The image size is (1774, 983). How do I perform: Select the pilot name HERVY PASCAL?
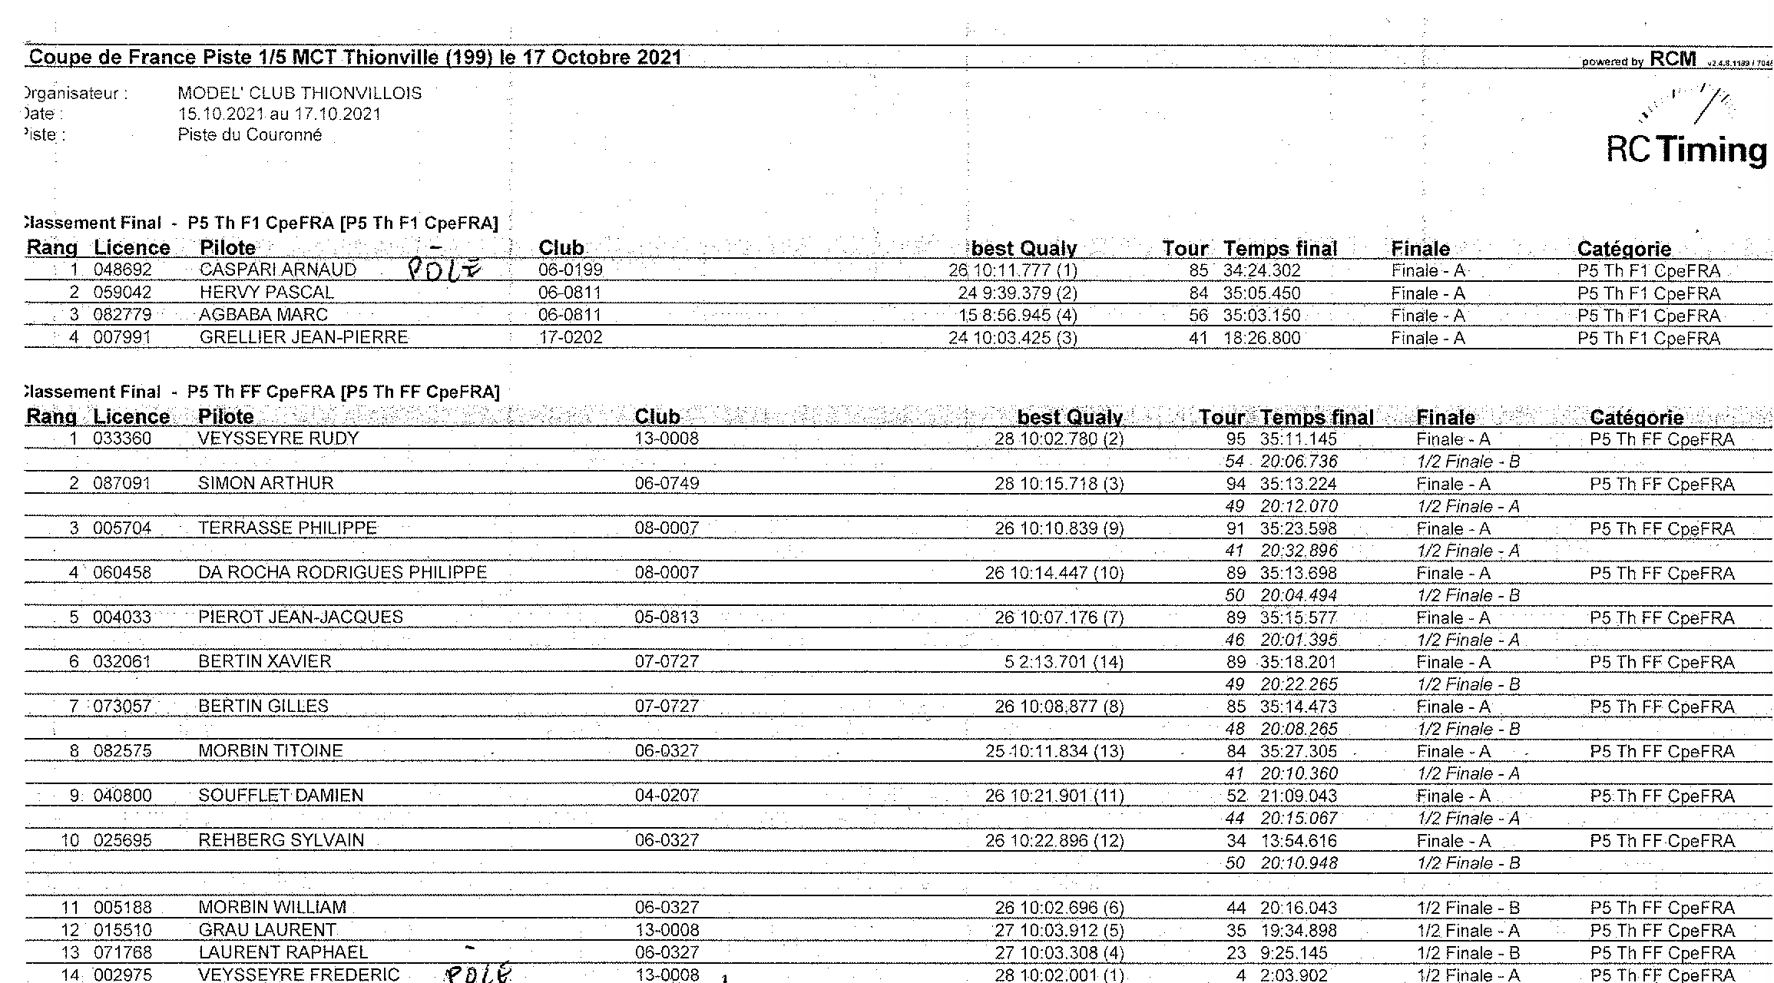(266, 293)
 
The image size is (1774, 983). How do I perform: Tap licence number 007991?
(123, 338)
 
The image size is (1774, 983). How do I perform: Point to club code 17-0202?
(571, 338)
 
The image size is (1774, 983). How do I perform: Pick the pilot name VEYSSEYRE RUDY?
(278, 439)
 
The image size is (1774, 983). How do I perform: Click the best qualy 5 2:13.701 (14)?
(1064, 662)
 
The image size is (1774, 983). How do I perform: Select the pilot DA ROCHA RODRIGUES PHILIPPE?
(343, 573)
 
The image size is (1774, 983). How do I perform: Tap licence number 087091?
(123, 484)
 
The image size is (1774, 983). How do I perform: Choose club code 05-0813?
(667, 617)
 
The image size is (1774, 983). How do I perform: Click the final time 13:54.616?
(1298, 841)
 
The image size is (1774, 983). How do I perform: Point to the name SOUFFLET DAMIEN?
(281, 796)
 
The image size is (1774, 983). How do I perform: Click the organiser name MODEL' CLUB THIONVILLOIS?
(300, 94)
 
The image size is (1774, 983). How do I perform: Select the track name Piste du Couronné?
(250, 135)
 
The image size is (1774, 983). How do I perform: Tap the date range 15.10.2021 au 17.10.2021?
(280, 114)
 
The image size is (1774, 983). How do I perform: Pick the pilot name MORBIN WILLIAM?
(272, 908)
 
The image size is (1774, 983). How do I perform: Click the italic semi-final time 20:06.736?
(1298, 462)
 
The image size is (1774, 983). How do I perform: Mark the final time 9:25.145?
(1298, 952)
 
